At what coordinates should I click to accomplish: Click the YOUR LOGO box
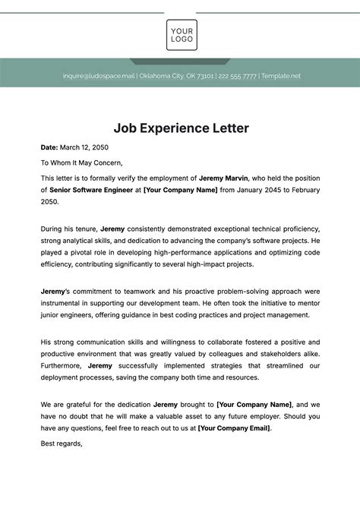182,34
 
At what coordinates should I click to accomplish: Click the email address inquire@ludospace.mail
98,76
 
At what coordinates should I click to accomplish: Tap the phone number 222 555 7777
237,76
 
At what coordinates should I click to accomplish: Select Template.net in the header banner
281,76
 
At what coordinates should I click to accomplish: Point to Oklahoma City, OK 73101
176,76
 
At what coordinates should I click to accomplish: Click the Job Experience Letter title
181,128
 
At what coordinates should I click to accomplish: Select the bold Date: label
49,147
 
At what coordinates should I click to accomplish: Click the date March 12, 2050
85,147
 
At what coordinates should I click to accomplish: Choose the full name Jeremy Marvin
225,178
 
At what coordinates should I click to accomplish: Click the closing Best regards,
61,443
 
